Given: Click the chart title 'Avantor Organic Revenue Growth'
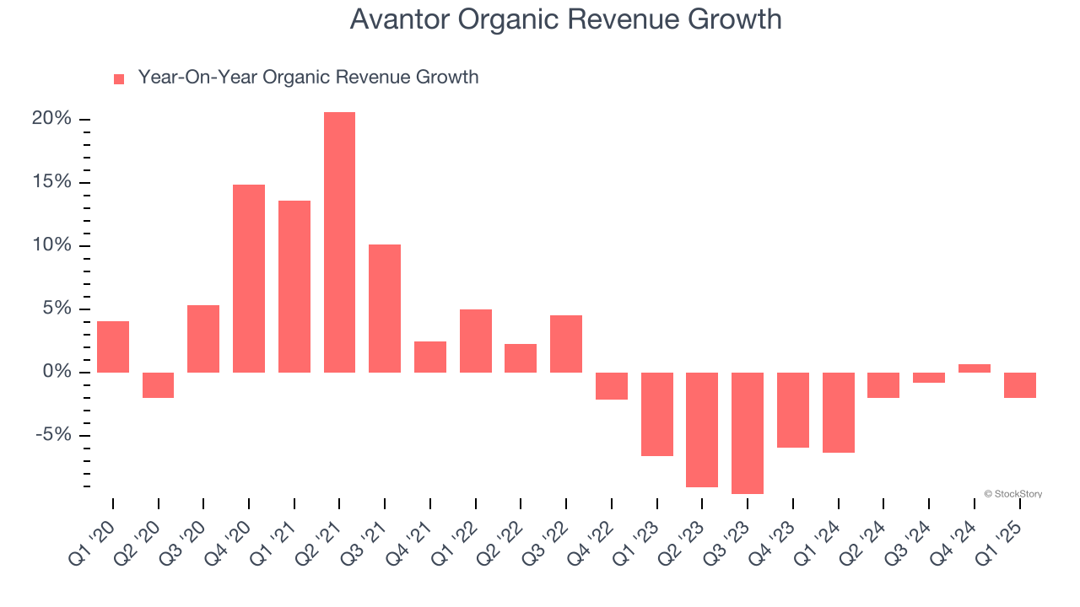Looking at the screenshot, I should tap(565, 19).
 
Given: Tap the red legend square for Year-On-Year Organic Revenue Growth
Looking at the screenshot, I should tap(119, 78).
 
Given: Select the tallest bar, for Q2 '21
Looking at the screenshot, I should tap(339, 242).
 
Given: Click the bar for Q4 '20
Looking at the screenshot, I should tap(249, 278).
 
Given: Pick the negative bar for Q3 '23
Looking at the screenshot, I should tap(748, 432).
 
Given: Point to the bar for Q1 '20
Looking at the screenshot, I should tap(113, 346).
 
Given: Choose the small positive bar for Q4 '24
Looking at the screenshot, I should tap(974, 368).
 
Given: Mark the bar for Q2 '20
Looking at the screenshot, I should tap(159, 384).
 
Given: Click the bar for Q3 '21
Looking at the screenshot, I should tap(385, 308).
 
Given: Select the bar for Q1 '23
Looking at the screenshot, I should tap(657, 414).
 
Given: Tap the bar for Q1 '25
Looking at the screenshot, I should tap(1019, 384).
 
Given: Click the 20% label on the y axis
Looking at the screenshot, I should tap(51, 119).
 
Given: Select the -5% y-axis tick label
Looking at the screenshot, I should tap(54, 435).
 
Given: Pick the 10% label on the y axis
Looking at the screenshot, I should tap(51, 245).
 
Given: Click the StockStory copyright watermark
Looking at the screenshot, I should tap(1012, 494).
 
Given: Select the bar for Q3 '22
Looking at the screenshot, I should tap(566, 343).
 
